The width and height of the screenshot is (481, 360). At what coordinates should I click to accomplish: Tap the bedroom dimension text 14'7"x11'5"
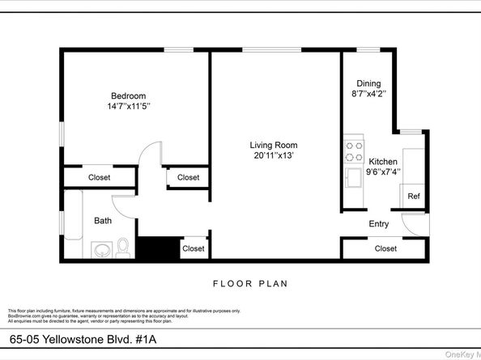click(x=129, y=106)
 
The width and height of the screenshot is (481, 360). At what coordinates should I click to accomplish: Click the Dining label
click(x=368, y=83)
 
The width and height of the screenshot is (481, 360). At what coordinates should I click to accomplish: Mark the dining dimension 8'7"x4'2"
click(x=368, y=94)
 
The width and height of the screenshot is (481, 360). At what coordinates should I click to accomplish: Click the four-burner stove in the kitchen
click(x=354, y=151)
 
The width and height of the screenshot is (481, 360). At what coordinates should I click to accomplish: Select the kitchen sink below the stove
click(x=354, y=176)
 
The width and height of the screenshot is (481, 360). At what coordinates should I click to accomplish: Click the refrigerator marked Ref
click(x=413, y=196)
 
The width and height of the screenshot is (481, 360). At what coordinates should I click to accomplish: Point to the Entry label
click(x=379, y=224)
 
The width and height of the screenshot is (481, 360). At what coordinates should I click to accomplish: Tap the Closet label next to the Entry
click(x=385, y=248)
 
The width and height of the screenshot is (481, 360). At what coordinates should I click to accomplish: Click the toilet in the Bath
click(x=123, y=247)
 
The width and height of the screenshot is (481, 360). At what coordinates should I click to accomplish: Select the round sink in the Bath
click(x=101, y=249)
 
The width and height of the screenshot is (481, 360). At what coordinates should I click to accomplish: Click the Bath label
click(x=103, y=220)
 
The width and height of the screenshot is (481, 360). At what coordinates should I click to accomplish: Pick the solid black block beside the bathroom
click(x=155, y=248)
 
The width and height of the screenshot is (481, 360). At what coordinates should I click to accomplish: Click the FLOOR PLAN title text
click(x=249, y=284)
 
